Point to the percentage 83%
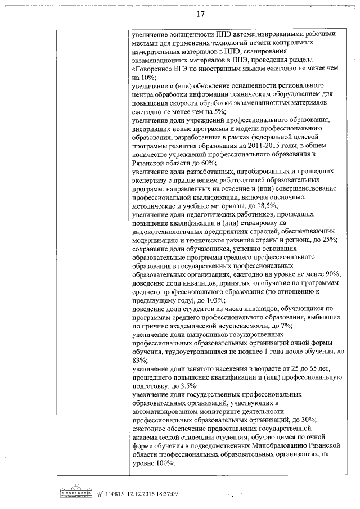(x=138, y=359)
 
